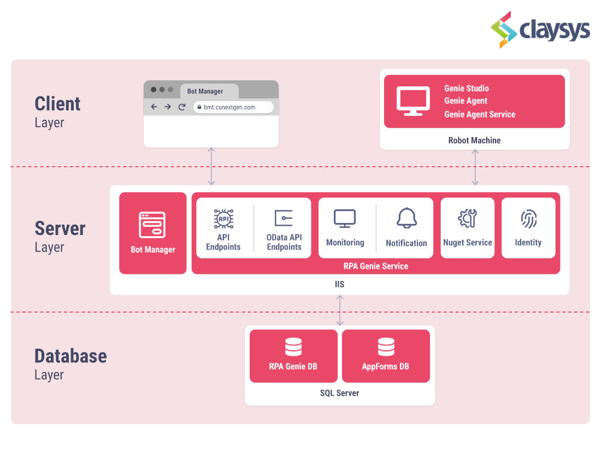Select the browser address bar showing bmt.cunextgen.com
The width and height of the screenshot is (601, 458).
tap(233, 107)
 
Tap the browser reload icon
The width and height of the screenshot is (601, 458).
tap(182, 107)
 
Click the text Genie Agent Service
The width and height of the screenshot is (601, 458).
tap(480, 114)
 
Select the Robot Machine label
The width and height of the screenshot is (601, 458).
tap(474, 140)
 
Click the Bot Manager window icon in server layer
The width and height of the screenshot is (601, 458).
tap(152, 225)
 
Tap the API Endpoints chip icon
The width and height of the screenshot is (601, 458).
tap(223, 219)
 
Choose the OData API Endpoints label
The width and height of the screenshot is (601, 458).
tap(284, 242)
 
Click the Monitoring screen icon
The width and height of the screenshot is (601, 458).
tap(345, 219)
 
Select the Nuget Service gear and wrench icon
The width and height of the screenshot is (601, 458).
tap(467, 219)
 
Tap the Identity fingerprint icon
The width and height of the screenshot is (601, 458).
tap(528, 219)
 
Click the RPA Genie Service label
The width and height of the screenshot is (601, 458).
tap(376, 266)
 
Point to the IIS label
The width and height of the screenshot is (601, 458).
tap(339, 285)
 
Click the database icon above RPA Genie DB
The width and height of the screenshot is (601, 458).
tap(293, 347)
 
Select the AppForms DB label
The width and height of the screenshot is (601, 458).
tap(386, 366)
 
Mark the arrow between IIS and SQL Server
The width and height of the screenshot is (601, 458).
tap(340, 310)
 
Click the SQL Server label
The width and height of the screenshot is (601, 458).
tap(339, 393)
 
